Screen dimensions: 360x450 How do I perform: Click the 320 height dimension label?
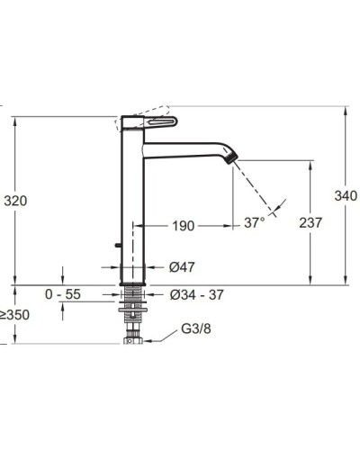pos(15,201)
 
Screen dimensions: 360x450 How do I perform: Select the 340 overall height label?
pos(346,196)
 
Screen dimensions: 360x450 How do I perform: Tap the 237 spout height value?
pos(310,222)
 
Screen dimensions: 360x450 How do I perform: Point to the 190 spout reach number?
pos(183,226)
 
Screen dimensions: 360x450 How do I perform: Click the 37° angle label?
pos(255,222)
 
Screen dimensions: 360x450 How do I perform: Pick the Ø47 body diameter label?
pos(182,267)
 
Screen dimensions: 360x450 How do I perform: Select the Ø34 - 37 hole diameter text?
pos(196,295)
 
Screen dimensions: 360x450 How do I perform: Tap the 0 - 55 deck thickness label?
pos(63,294)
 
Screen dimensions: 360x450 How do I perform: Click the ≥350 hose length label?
pos(14,315)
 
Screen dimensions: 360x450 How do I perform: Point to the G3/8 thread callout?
pos(196,328)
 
